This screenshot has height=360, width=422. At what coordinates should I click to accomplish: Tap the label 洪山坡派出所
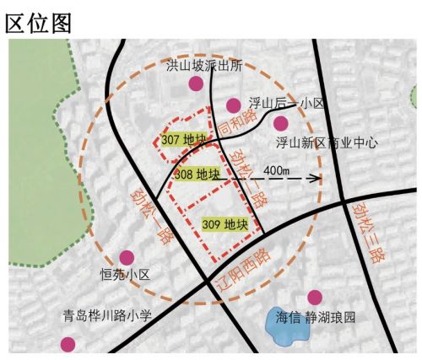(x=204, y=64)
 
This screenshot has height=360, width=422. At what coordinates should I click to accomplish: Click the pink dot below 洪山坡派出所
(x=197, y=83)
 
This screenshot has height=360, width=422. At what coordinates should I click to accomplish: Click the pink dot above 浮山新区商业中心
(x=281, y=123)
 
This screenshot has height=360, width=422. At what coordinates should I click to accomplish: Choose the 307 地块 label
(x=182, y=139)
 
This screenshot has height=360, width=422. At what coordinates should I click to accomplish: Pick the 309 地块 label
(x=224, y=223)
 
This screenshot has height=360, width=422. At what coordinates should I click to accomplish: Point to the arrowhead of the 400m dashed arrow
(x=318, y=178)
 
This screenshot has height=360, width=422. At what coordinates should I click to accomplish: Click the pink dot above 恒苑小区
(x=127, y=256)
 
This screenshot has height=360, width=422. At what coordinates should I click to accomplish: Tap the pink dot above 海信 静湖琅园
(x=316, y=297)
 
